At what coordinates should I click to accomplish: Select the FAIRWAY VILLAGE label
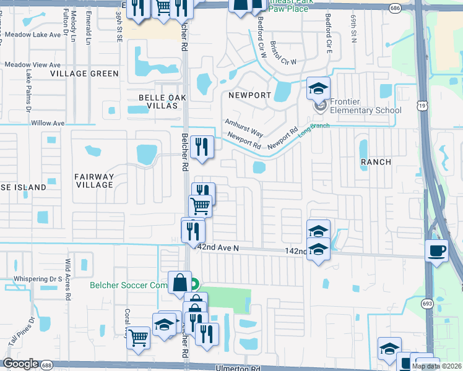pyautogui.click(x=94, y=181)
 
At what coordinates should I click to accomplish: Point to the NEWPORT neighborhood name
pyautogui.click(x=249, y=95)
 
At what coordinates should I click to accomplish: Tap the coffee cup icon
pyautogui.click(x=437, y=250)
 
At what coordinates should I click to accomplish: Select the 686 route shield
pyautogui.click(x=395, y=8)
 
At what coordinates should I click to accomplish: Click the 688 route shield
pyautogui.click(x=47, y=365)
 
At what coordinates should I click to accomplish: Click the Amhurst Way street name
pyautogui.click(x=244, y=128)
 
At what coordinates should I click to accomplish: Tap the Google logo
pyautogui.click(x=20, y=364)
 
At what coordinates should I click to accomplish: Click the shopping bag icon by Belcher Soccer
pyautogui.click(x=179, y=282)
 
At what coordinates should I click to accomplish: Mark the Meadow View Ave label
pyautogui.click(x=32, y=65)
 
